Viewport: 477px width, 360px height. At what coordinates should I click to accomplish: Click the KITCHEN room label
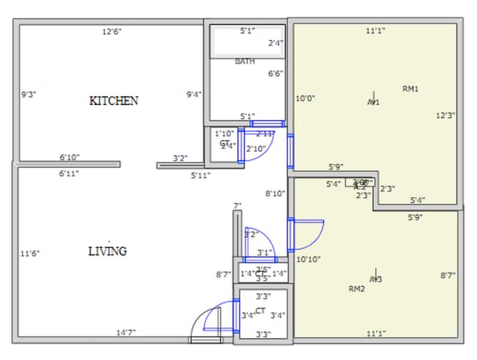pos(113,100)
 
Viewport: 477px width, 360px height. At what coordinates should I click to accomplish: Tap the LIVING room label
pos(107,251)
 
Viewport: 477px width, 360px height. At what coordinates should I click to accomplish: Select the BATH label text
pos(245,62)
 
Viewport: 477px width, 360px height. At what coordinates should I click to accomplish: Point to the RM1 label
pos(410,89)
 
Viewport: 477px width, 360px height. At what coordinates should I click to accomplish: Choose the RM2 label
pos(357,289)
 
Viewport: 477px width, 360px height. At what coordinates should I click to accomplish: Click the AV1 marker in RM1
pos(374,102)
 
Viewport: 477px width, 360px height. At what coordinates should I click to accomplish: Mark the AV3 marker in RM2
pos(376,279)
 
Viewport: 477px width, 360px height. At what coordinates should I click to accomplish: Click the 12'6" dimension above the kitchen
pos(112,32)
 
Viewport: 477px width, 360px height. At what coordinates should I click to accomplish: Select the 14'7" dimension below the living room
pos(125,332)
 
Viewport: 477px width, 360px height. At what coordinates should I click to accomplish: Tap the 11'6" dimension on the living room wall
pos(30,254)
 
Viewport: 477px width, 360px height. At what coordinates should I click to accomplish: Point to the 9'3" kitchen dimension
pos(29,94)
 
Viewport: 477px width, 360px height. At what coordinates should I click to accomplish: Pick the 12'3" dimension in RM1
pos(446,115)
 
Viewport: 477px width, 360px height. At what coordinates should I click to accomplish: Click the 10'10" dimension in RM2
pos(307,259)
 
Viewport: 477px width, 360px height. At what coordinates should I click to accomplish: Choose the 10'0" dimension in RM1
pos(305,98)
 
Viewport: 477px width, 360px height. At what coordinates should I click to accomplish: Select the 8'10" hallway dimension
pos(275,194)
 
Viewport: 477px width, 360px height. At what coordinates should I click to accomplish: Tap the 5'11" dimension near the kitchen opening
pos(200,175)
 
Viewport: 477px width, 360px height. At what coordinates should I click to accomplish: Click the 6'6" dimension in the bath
pos(276,73)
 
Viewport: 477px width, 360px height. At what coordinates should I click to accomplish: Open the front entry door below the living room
pos(205,323)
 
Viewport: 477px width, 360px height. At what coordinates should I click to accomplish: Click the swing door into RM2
pos(305,235)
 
